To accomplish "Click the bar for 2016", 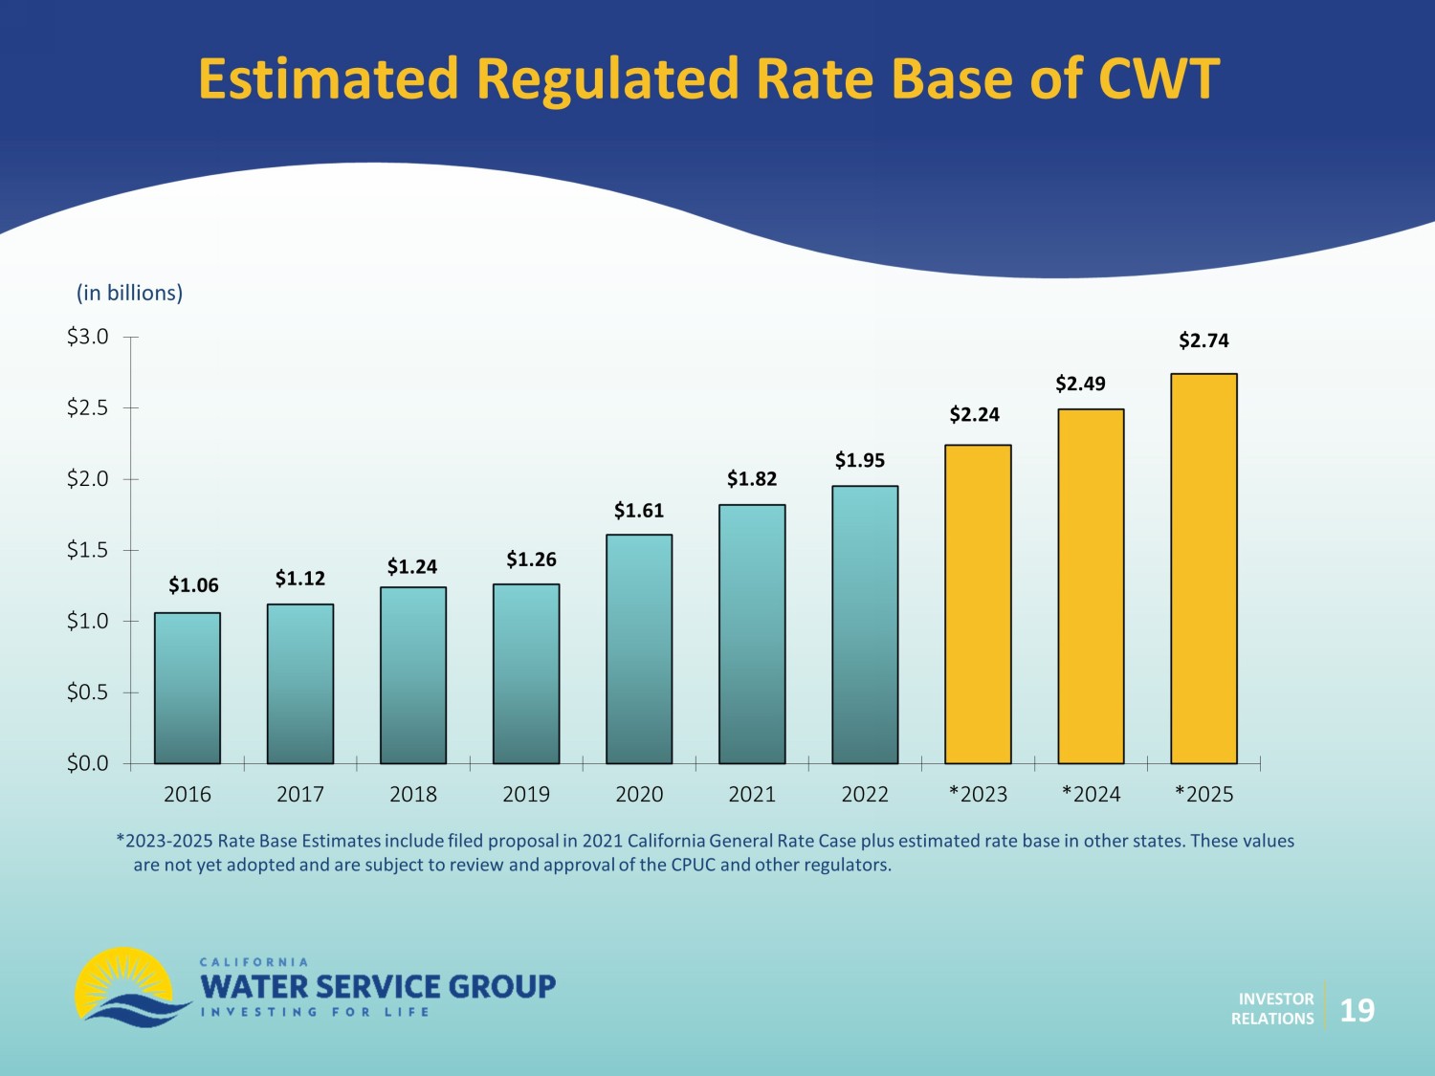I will coord(188,688).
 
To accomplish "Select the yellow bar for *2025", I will coord(1203,568).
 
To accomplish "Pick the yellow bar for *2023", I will coord(978,604).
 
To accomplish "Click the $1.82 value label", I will coord(752,479).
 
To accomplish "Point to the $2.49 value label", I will coord(1080,384).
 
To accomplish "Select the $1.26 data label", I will coord(531,560).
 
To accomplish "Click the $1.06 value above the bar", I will coord(193,585).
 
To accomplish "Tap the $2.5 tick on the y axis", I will coord(87,408).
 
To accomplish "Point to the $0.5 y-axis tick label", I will coord(87,692).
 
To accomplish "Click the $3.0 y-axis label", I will coord(87,337).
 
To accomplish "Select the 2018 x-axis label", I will coord(413,794).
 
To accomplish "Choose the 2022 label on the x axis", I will coord(865,794).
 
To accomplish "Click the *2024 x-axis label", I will coord(1091,794).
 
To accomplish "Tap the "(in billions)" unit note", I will coord(129,293).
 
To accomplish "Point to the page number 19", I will coord(1357,1010).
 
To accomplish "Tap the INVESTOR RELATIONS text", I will coord(1272,1009).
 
